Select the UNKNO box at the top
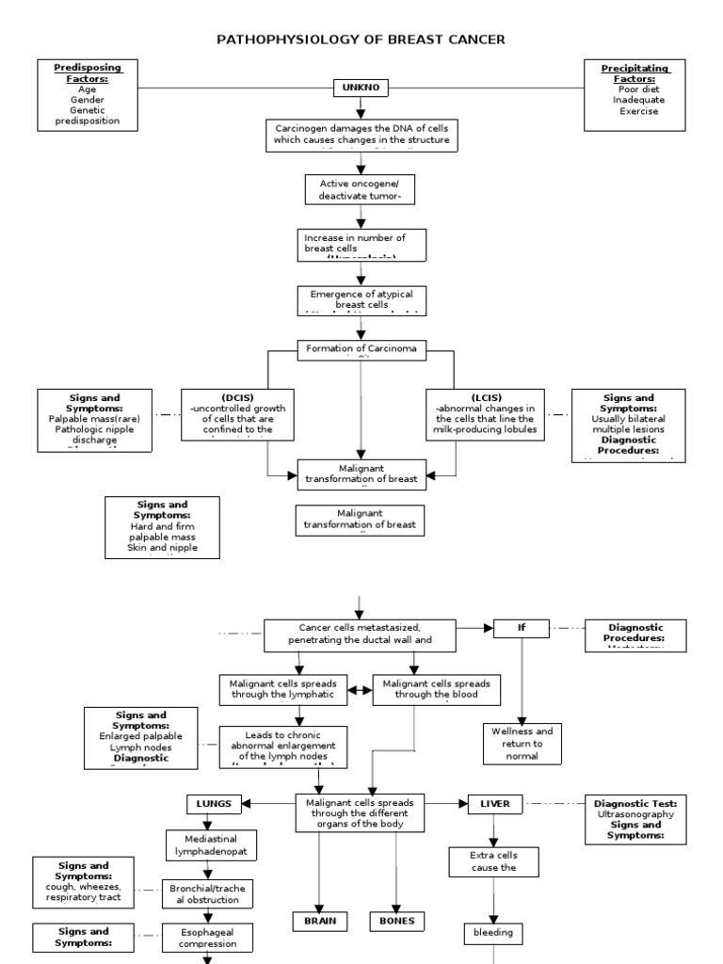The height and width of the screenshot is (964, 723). [x=360, y=89]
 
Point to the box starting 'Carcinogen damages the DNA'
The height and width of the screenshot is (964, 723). [x=361, y=134]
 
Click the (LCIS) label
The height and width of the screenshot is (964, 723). [x=485, y=396]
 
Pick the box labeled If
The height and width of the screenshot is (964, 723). [x=522, y=628]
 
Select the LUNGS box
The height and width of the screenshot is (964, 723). [x=214, y=803]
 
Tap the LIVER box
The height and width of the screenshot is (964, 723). [x=494, y=803]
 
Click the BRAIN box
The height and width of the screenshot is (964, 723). [x=319, y=921]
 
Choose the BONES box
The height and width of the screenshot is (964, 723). [x=396, y=921]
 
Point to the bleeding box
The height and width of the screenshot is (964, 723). [x=494, y=933]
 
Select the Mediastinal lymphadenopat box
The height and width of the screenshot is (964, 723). [x=210, y=846]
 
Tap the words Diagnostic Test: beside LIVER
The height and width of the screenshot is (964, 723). [x=635, y=803]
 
